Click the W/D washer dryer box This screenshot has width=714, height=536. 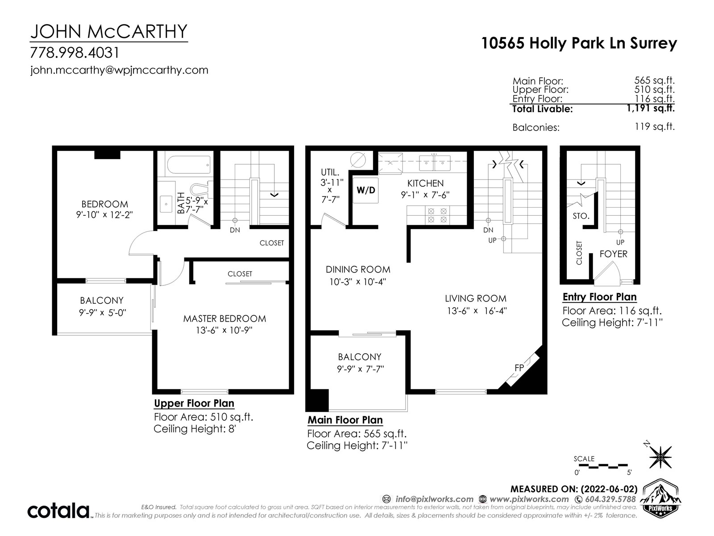pos(365,190)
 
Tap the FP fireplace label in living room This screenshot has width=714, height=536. pos(519,368)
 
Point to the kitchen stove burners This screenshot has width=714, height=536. pos(437,215)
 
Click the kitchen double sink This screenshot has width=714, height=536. pos(435,163)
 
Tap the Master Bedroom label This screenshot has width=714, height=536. pos(224,318)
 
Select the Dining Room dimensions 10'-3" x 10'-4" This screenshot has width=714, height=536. pos(357,282)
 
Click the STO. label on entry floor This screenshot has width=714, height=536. pos(581,216)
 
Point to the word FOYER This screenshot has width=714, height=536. pos(613,254)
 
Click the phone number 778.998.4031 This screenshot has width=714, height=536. pos(75,53)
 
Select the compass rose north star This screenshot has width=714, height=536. pos(660,457)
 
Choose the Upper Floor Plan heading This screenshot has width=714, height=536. pos(194,403)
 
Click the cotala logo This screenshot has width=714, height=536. pos(58,510)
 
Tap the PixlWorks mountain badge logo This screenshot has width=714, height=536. pos(660,497)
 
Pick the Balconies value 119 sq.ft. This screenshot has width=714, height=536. pos(655,126)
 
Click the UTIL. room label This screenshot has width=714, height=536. pos(330,172)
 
